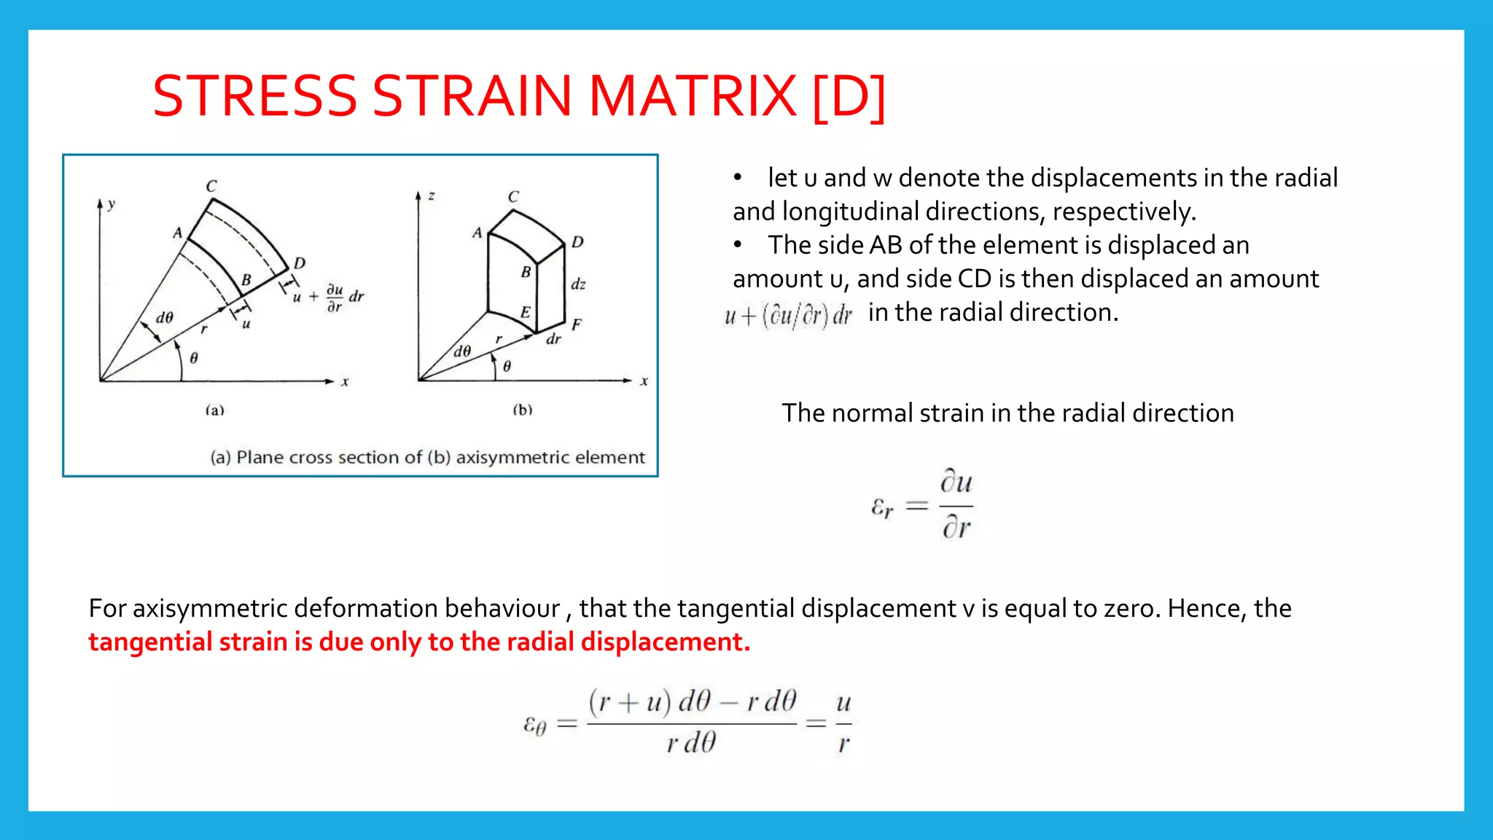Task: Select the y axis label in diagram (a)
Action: point(112,204)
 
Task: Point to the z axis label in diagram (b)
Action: point(432,195)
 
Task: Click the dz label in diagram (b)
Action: point(578,284)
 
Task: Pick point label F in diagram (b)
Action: point(577,325)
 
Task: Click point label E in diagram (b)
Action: point(525,312)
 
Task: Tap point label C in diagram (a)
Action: point(211,186)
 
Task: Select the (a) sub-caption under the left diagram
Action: point(214,410)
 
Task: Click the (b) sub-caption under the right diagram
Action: point(523,410)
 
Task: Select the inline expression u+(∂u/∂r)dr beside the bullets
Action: point(788,316)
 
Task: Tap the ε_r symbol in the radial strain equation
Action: point(882,507)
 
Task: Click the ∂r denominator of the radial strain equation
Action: point(956,526)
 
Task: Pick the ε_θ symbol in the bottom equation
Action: point(534,724)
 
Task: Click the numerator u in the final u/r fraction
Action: point(843,703)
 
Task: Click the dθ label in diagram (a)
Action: point(165,317)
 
